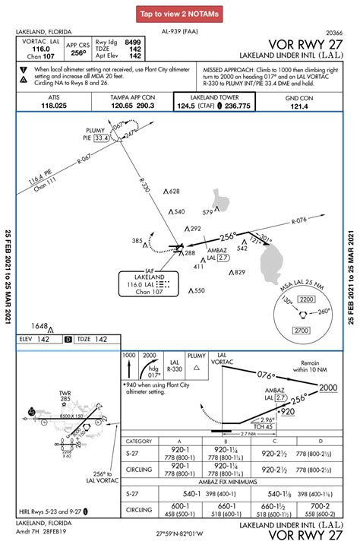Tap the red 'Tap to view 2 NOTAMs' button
click(x=180, y=14)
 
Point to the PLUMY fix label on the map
click(x=94, y=130)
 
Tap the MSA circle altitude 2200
click(x=306, y=300)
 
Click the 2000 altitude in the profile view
click(x=328, y=388)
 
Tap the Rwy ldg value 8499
click(x=131, y=42)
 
